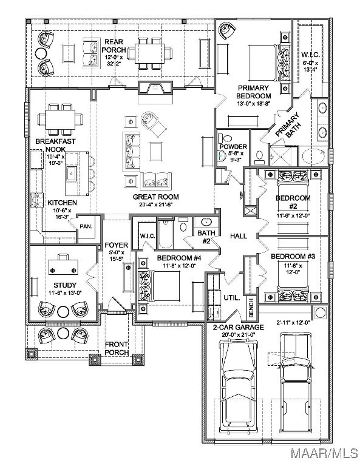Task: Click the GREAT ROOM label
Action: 156,197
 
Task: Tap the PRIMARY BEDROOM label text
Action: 254,92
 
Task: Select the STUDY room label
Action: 65,285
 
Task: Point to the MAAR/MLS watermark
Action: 325,453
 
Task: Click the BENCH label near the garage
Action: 251,308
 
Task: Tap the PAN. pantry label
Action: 86,226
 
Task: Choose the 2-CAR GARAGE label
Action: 239,328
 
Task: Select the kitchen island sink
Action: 72,174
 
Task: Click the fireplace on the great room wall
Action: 155,88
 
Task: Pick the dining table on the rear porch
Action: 149,53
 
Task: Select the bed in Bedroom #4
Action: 160,286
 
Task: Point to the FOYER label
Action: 117,245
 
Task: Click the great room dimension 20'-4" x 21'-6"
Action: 156,204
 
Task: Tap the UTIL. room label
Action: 232,298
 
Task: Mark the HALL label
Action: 239,236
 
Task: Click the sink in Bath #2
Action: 206,222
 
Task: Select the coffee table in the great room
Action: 156,152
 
